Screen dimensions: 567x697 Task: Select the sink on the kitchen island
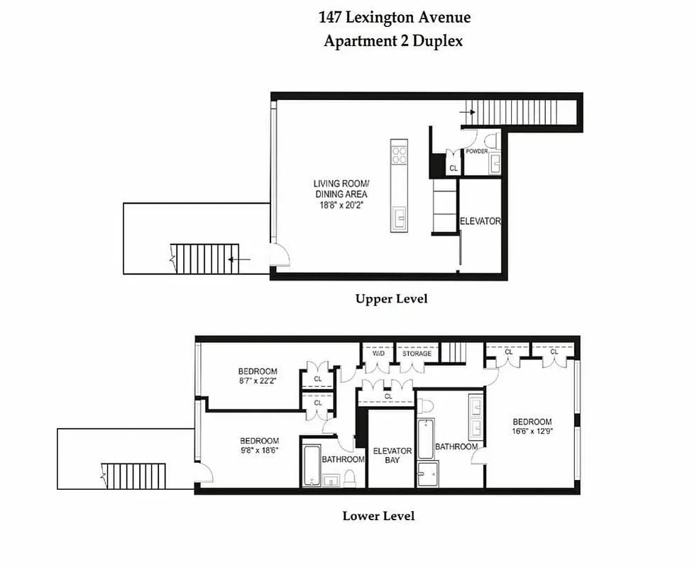tap(399, 215)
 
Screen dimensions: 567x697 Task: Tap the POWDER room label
tap(476, 152)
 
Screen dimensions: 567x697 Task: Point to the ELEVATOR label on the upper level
tap(480, 221)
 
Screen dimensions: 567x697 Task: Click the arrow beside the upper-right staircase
tap(467, 111)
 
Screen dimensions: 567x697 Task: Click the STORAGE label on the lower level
tap(417, 353)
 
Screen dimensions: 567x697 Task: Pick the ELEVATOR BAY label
tap(392, 455)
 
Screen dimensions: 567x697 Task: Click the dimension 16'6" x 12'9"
tap(532, 431)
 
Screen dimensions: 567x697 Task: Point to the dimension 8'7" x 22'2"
tap(258, 381)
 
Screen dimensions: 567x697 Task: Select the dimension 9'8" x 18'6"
tap(259, 450)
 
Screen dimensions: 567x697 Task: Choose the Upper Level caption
tap(391, 299)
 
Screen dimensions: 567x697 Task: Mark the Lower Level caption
tap(378, 515)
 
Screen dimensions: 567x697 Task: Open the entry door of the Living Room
tap(278, 254)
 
